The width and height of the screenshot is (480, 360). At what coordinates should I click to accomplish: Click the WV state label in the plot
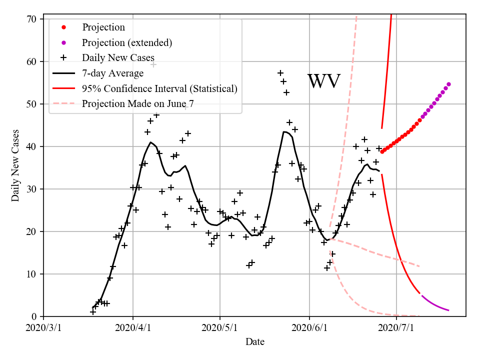coord(324,81)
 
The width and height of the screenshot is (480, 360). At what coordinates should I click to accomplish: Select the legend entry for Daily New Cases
coord(118,57)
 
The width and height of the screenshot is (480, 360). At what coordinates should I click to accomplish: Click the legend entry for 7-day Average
coord(112,73)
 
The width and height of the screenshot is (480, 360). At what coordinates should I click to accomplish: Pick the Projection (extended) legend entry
coord(127,42)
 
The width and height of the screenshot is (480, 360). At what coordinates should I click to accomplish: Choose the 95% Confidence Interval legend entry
coord(159,88)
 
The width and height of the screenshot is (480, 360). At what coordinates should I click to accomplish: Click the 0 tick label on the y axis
coord(34,316)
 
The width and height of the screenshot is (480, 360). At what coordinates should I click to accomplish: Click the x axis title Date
coord(255,342)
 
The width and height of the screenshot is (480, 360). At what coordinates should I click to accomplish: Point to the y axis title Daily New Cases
coord(15,165)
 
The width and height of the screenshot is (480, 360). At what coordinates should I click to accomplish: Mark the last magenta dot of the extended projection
coord(448,84)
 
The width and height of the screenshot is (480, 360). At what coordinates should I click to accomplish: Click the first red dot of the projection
coord(382,151)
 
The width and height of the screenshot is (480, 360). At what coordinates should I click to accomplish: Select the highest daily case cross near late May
coord(280,73)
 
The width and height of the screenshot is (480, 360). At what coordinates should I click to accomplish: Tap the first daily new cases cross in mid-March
coord(93,312)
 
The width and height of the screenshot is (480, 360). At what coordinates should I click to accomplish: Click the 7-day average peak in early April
coord(150,142)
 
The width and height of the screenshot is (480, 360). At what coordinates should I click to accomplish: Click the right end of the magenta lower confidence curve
coord(448,310)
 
